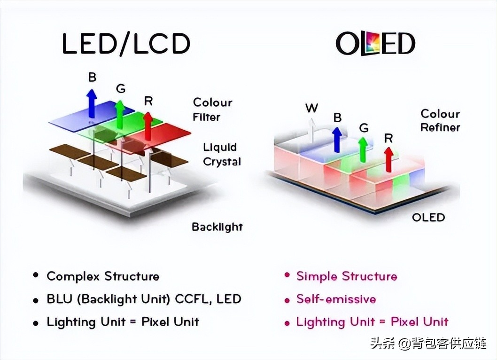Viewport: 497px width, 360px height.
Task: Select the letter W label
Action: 311,108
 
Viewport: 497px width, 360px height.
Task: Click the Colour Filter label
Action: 212,109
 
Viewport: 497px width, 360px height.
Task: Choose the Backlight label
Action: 217,227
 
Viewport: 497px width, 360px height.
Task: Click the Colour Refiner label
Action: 440,120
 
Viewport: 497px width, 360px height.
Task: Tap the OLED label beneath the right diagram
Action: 428,217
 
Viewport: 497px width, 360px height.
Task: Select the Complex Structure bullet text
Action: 103,276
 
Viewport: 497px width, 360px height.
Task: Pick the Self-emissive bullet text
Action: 336,299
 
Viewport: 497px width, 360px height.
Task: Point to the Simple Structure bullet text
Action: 346,276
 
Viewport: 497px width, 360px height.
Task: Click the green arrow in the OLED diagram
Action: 362,149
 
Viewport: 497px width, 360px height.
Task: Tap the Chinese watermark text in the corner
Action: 428,344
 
